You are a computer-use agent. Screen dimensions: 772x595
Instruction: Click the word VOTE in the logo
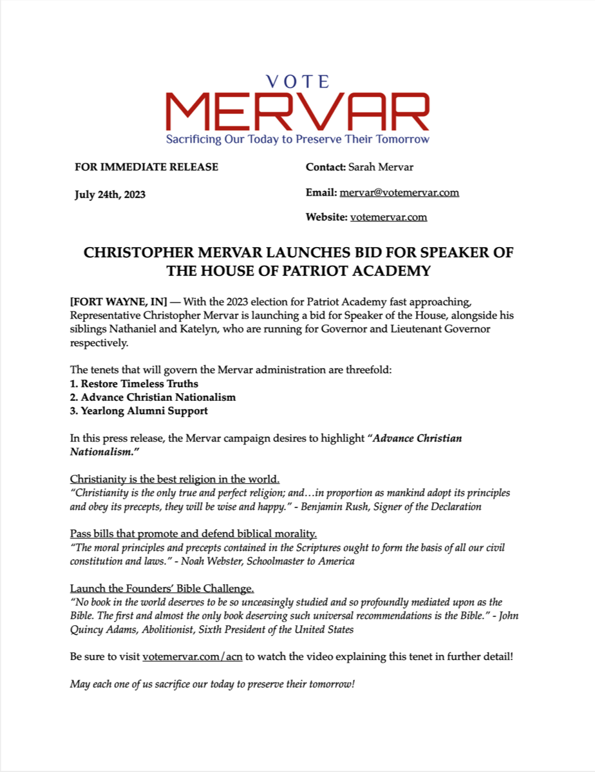(x=297, y=82)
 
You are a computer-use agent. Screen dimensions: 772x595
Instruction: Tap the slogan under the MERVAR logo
(x=297, y=139)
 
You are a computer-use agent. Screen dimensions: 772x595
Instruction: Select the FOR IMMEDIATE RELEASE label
(x=147, y=167)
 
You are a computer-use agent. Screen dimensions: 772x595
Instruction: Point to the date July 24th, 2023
(x=110, y=194)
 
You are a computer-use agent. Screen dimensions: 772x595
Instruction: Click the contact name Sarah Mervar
(x=381, y=167)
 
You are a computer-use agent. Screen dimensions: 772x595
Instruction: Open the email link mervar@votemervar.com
(x=399, y=192)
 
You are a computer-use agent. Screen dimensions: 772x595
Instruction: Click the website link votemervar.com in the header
(x=388, y=217)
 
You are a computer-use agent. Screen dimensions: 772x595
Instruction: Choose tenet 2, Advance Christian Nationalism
(x=153, y=397)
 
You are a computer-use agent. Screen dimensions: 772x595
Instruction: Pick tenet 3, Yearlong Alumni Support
(x=139, y=410)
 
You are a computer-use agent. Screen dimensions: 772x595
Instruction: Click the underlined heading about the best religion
(x=175, y=479)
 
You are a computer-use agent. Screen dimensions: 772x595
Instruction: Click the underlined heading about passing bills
(x=193, y=534)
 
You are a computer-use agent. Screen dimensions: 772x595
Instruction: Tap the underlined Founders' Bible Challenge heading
(x=162, y=589)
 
